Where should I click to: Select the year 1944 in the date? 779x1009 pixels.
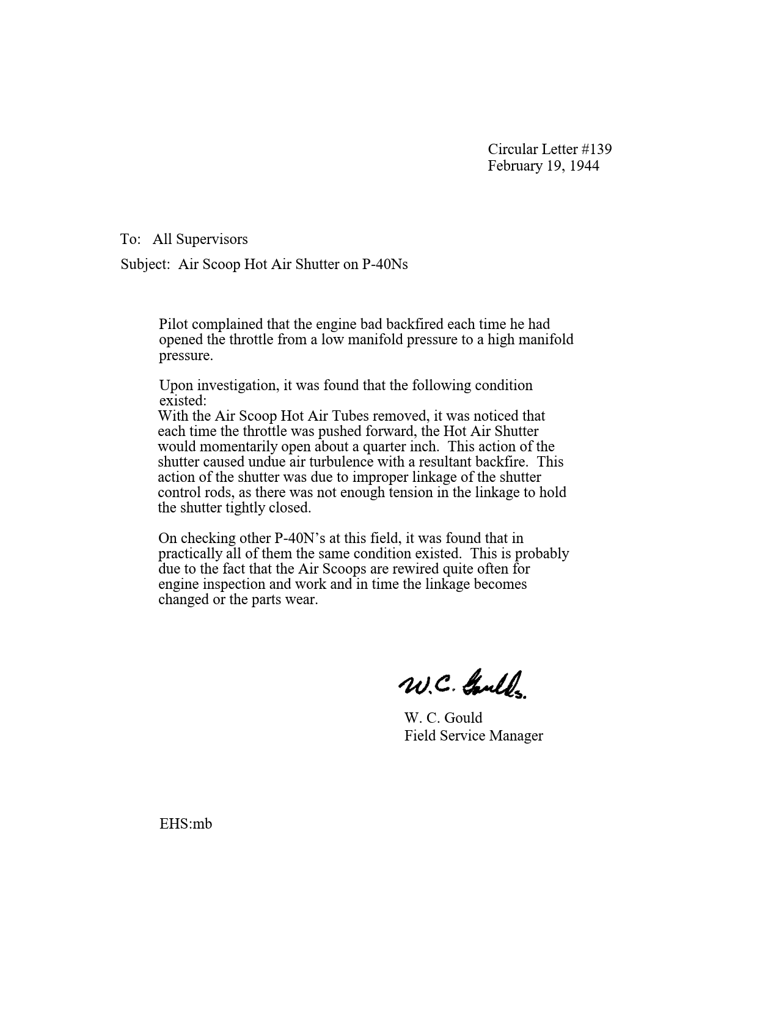(x=584, y=166)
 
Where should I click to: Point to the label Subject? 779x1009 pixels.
(x=145, y=264)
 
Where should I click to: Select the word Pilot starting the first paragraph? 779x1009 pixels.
(x=175, y=324)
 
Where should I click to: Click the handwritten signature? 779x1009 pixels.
(x=463, y=684)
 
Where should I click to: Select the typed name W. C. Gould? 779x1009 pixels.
(x=443, y=718)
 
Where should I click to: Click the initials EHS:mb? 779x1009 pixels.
(x=186, y=824)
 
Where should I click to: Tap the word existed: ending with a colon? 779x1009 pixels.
(x=183, y=401)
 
